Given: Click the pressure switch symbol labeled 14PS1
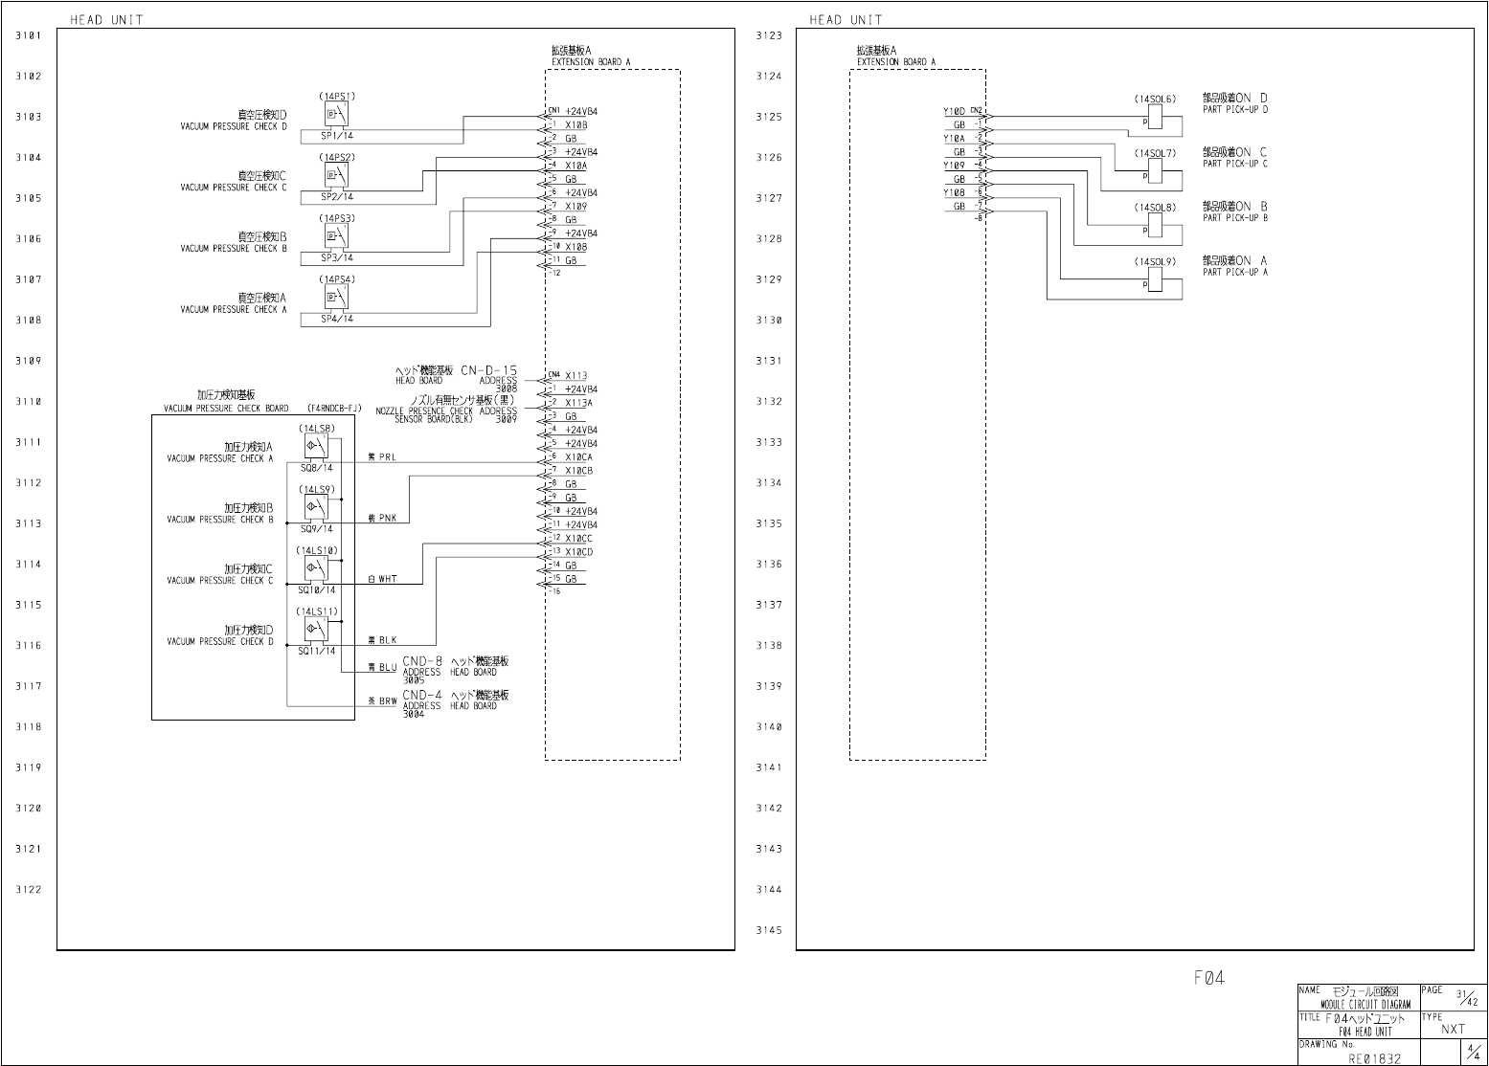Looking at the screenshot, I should tap(336, 115).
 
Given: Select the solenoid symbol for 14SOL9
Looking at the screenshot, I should tap(1154, 278).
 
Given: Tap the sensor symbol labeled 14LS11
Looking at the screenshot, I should tap(316, 629).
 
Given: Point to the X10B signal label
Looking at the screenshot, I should tap(575, 125).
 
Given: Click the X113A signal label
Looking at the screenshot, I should tap(578, 403).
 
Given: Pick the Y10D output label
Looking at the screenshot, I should tap(954, 112).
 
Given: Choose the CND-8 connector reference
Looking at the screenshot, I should tap(422, 661).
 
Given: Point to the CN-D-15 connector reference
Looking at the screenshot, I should tap(488, 370).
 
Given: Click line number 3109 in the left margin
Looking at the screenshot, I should tap(29, 362).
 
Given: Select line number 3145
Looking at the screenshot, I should tap(769, 930).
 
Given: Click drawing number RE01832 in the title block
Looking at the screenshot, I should tap(1375, 1058).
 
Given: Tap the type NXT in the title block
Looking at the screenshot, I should tap(1453, 1030).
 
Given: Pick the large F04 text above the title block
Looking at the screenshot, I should tap(1208, 978).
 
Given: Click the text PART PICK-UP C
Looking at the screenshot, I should tap(1235, 164).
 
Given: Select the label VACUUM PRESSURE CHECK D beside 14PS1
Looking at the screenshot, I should tap(234, 126).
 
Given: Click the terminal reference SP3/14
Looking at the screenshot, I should tap(337, 257).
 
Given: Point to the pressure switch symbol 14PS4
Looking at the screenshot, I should tap(336, 298).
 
